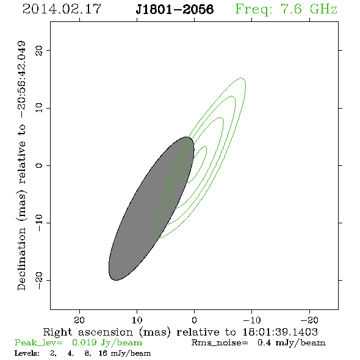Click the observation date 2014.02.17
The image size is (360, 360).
click(x=62, y=9)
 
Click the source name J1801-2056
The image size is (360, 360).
click(x=175, y=9)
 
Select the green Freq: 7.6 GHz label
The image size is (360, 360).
click(x=286, y=9)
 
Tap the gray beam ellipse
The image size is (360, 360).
click(x=151, y=209)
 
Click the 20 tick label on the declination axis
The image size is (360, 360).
click(x=39, y=50)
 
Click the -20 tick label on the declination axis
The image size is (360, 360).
click(x=39, y=280)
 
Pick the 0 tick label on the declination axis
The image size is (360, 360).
click(x=39, y=165)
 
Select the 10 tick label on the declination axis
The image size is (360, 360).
click(x=39, y=107)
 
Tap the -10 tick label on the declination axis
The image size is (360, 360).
click(x=39, y=223)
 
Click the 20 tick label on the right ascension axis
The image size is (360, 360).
click(x=79, y=320)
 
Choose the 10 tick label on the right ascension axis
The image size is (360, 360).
click(x=137, y=320)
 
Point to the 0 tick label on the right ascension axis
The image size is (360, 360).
click(x=194, y=320)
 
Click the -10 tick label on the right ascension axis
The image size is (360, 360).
click(x=252, y=320)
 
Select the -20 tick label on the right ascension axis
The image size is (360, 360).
click(x=309, y=320)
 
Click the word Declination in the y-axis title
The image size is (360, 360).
click(x=21, y=259)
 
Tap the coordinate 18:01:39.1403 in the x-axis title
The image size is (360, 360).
click(x=280, y=332)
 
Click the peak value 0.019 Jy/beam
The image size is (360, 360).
click(x=107, y=343)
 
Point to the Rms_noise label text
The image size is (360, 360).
click(x=220, y=343)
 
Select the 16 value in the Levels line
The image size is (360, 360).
click(x=103, y=353)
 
